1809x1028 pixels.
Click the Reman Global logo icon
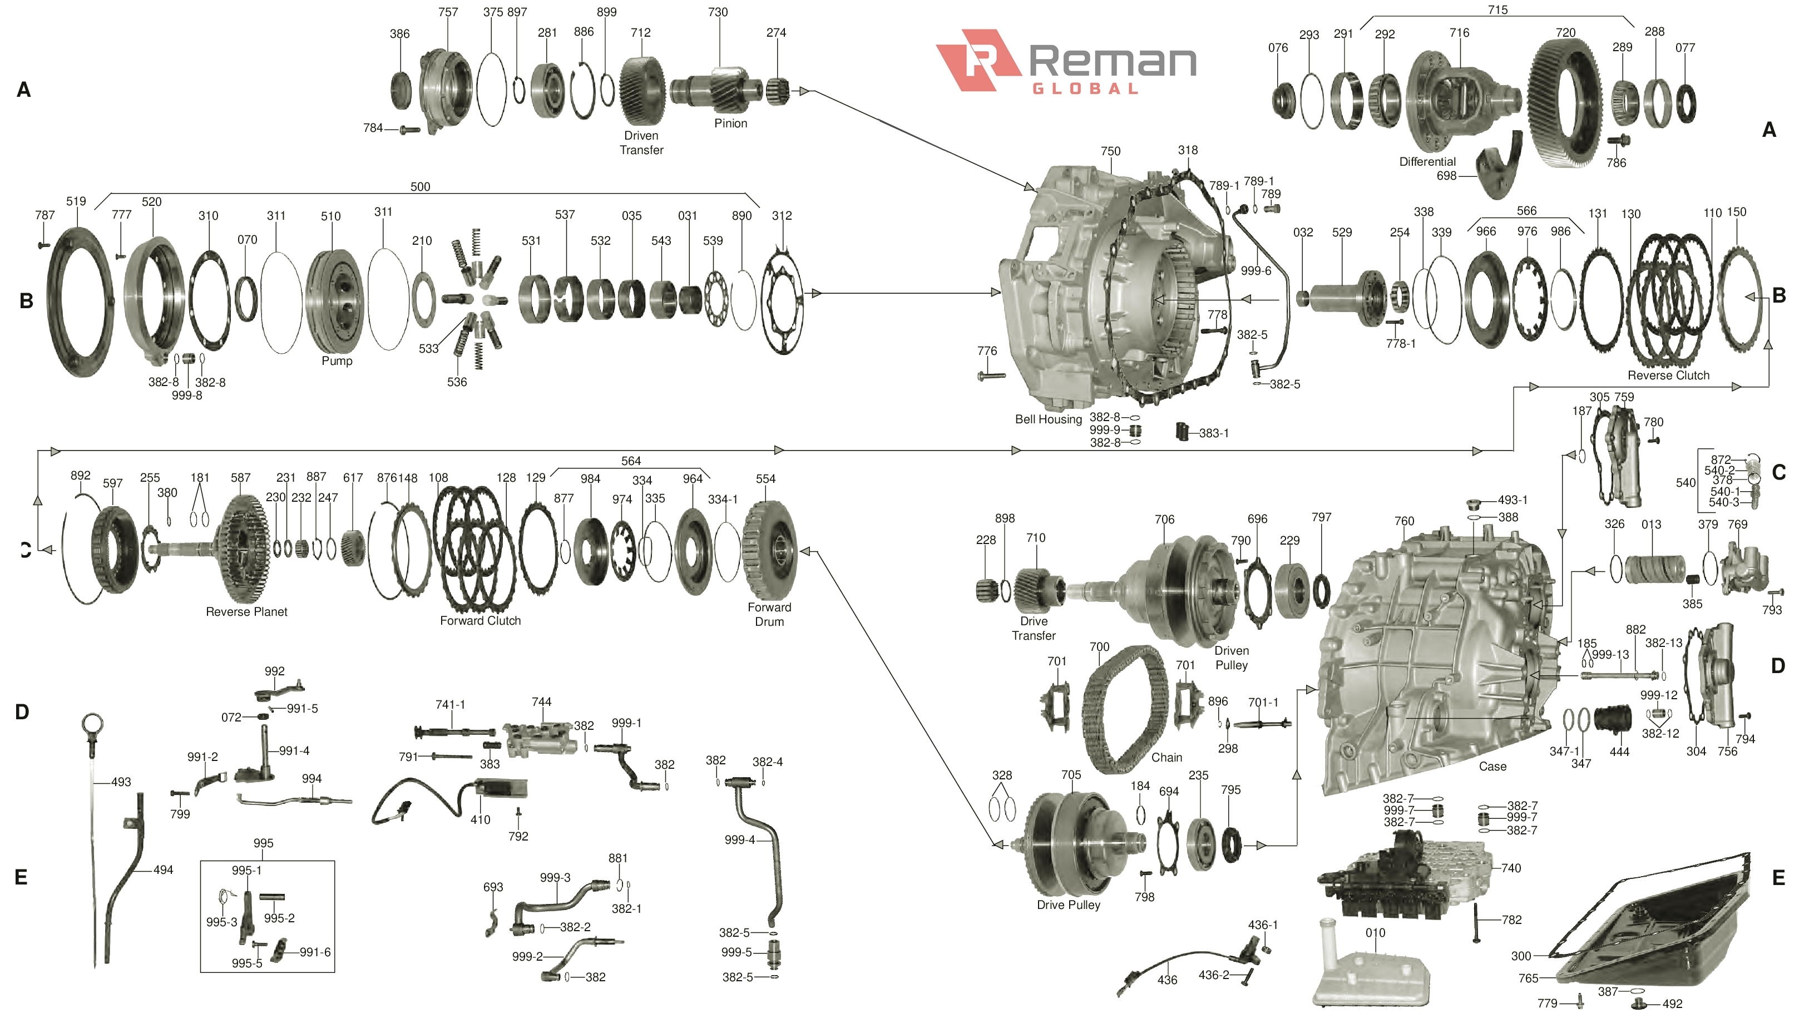pyautogui.click(x=977, y=60)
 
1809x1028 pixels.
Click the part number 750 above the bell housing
pyautogui.click(x=1110, y=151)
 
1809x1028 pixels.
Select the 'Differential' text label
pyautogui.click(x=1427, y=162)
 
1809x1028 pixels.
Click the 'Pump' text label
pyautogui.click(x=337, y=361)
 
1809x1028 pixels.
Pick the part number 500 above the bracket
pyautogui.click(x=420, y=186)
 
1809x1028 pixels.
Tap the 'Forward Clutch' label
pyautogui.click(x=480, y=621)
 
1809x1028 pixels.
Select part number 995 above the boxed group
pyautogui.click(x=263, y=843)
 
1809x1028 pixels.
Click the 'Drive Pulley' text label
pyautogui.click(x=1068, y=905)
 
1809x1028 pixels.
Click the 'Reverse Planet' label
pyautogui.click(x=246, y=612)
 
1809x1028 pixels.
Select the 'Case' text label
pyautogui.click(x=1492, y=767)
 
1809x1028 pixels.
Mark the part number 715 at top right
pyautogui.click(x=1497, y=10)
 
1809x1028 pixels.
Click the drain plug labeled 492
pyautogui.click(x=1639, y=1004)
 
